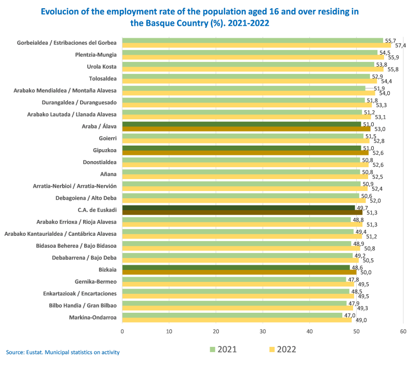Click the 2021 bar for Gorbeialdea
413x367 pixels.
coord(253,40)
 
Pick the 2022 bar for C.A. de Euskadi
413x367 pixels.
coord(242,212)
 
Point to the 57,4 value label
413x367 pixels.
coord(401,45)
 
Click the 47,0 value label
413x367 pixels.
coord(350,315)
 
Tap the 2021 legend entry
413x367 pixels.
coord(222,349)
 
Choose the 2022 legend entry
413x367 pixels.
coord(281,349)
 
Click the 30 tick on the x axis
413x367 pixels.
coord(263,331)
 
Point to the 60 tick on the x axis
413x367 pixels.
coord(403,331)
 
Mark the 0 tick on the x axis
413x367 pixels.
coord(122,331)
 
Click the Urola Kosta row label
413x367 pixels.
coord(102,67)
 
